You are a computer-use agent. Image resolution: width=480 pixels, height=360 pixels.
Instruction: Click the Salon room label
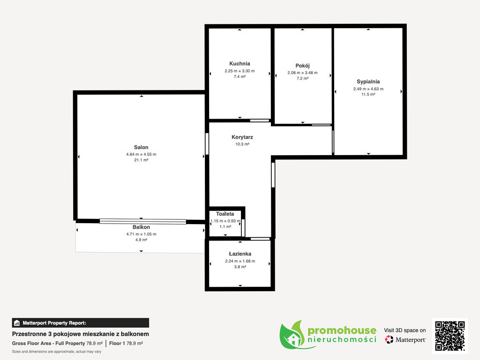[x=141, y=147]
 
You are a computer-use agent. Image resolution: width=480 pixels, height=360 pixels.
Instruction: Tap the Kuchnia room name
[x=240, y=64]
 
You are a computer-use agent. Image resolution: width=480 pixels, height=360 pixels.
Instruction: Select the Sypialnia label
[x=368, y=82]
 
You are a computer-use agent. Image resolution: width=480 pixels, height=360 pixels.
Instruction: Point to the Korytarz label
[x=242, y=137]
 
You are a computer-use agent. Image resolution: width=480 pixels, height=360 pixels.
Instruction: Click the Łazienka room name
[x=240, y=254]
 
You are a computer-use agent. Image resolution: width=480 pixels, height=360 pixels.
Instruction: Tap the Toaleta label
[x=225, y=214]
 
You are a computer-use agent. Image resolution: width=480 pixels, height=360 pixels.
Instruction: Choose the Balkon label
[x=141, y=227]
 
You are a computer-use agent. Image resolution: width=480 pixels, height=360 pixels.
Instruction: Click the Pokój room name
[x=302, y=66]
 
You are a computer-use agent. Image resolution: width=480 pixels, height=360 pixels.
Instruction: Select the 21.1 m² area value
[x=141, y=160]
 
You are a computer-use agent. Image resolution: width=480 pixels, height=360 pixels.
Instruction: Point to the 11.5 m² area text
[x=368, y=94]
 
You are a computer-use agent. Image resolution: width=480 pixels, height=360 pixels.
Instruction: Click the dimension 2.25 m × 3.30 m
[x=240, y=71]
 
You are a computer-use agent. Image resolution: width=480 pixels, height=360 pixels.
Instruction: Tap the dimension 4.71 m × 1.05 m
[x=141, y=234]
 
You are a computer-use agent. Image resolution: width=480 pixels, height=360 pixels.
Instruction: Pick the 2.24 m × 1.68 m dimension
[x=240, y=261]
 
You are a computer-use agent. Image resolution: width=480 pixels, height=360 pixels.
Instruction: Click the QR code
[x=450, y=336]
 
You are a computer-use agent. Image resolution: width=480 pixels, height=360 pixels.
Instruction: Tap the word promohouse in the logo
[x=342, y=330]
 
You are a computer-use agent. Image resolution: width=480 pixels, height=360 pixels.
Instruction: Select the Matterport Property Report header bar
[x=81, y=323]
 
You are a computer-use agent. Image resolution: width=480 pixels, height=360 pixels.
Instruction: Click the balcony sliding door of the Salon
[x=143, y=221]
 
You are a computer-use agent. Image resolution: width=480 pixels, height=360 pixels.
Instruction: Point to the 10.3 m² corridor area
[x=242, y=144]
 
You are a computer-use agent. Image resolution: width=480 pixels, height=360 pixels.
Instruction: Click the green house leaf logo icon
[x=293, y=335]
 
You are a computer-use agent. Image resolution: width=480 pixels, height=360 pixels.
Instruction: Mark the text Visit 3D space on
[x=405, y=330]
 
